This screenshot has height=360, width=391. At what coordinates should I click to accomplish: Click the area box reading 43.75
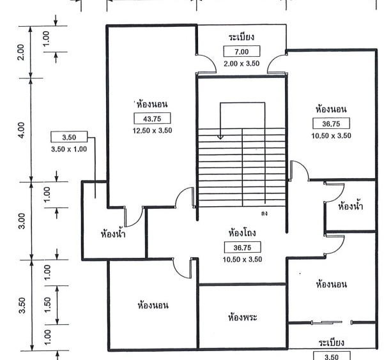[152, 118]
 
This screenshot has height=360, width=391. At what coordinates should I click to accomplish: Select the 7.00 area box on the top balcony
[241, 51]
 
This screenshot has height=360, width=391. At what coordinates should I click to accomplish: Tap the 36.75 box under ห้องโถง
[243, 248]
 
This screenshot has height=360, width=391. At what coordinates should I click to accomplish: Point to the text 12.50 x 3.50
[152, 131]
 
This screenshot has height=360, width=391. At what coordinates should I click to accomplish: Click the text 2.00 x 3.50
[241, 64]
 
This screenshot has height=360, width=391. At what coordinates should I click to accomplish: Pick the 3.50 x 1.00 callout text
[69, 149]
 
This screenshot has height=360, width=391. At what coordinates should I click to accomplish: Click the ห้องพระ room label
[242, 317]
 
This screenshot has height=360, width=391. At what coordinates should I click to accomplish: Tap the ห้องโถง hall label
[242, 233]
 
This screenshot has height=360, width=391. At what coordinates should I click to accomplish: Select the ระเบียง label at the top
[241, 37]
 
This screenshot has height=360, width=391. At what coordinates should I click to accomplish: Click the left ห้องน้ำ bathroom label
[113, 234]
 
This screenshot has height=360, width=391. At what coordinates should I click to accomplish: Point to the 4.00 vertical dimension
[22, 130]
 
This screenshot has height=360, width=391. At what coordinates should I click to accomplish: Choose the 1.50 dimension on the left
[47, 304]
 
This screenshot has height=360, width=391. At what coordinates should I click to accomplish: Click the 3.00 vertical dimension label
[22, 221]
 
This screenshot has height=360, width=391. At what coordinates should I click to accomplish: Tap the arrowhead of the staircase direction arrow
[220, 137]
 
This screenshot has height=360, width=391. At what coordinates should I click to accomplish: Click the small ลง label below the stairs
[264, 213]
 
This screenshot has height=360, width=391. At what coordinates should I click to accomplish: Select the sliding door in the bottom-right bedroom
[327, 322]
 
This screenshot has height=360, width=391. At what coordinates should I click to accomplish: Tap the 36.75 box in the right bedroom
[332, 124]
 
